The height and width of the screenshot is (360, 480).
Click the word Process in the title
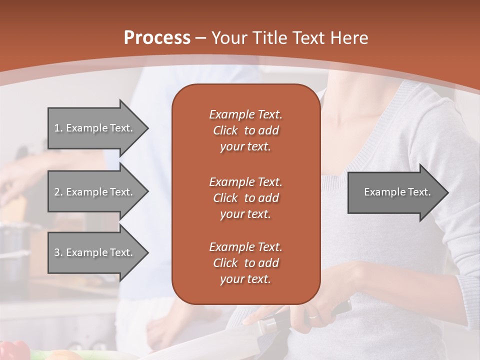(x=157, y=37)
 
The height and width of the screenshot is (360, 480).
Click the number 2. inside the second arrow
(x=58, y=192)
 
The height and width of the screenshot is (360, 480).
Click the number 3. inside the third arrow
(x=58, y=252)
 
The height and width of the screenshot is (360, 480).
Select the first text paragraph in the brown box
(x=245, y=130)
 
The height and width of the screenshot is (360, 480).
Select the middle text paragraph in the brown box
(x=245, y=197)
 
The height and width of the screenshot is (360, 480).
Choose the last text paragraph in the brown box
(x=245, y=263)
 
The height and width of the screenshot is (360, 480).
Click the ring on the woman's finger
(x=312, y=316)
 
